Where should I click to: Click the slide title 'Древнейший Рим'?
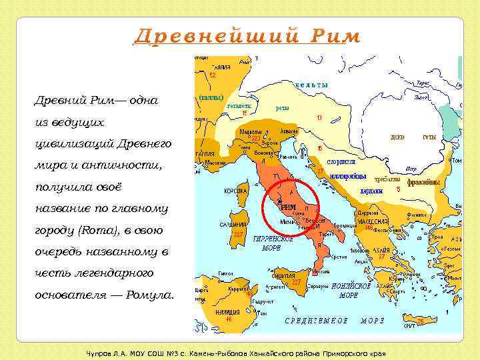pos(247,36)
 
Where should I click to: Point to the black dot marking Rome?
pos(280,201)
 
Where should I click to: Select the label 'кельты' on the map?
pos(311,85)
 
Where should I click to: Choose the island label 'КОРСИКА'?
pos(235,191)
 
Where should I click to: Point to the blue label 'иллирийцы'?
pos(348,176)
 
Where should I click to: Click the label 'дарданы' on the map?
pos(371,191)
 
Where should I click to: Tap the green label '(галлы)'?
pos(211,97)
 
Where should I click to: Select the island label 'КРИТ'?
pos(409,325)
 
